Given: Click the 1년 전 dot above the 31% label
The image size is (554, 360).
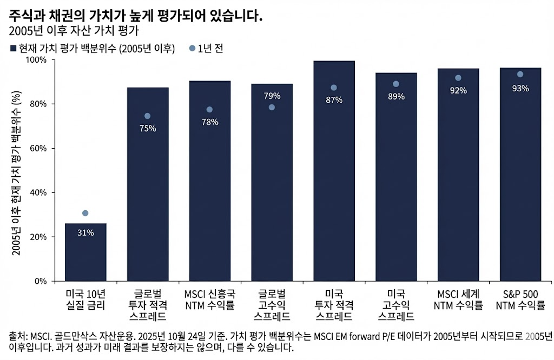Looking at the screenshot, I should pos(85,214).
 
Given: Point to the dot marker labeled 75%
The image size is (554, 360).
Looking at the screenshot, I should pos(147,116).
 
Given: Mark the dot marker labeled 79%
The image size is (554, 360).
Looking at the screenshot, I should pos(272,107).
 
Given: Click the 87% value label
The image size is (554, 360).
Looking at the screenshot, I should pos(334,99).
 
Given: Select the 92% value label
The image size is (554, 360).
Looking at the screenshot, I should pos(458,90).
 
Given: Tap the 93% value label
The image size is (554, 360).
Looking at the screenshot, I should pos(520,88).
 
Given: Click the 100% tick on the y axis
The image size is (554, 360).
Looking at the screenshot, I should pos(37,60).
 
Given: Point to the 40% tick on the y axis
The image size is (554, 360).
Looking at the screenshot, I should pos(39,193).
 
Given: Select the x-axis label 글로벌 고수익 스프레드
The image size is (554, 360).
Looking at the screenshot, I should pos(272,305).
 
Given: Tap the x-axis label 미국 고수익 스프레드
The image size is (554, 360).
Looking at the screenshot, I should pos(396,305).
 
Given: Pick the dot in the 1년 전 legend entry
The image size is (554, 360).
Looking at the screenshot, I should pos(192,49).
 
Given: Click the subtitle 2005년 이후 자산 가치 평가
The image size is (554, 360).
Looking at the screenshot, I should pos(70,31).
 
